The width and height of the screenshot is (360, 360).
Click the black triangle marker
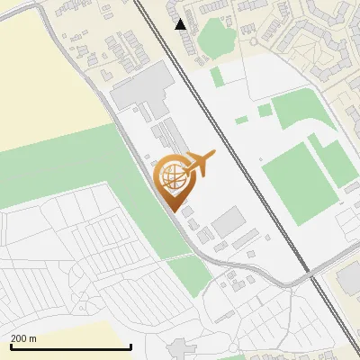click(182, 23)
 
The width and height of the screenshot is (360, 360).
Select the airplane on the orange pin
click(201, 163)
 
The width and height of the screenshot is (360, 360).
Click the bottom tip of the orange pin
click(174, 211)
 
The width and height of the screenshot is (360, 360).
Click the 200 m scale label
click(24, 338)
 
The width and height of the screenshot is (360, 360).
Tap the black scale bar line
click(70, 346)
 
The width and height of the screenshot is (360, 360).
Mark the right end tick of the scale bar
click(131, 346)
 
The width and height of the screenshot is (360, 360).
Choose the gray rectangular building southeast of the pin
click(229, 221)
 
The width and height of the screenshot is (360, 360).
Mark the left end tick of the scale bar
click(10, 346)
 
